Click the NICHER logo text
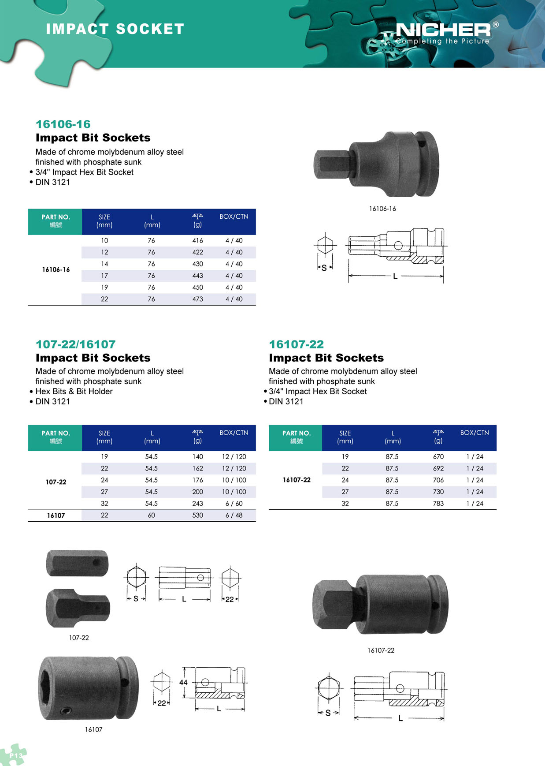point(443,30)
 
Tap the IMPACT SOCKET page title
point(115,29)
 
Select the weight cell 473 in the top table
point(197,299)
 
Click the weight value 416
point(197,240)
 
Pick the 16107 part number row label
point(56,515)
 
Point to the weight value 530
point(197,515)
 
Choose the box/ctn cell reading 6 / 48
point(234,515)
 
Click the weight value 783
point(438,503)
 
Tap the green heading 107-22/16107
point(75,344)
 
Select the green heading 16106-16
point(63,124)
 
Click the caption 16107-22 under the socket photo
point(381,650)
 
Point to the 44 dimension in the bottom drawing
point(183,682)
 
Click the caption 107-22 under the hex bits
point(79,638)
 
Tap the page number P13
point(15,755)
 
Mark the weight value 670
point(438,456)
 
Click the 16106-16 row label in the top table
point(56,269)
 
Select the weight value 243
point(197,503)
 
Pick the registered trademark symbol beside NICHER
point(496,25)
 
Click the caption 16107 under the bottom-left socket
point(93,729)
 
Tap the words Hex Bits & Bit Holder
point(74,391)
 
